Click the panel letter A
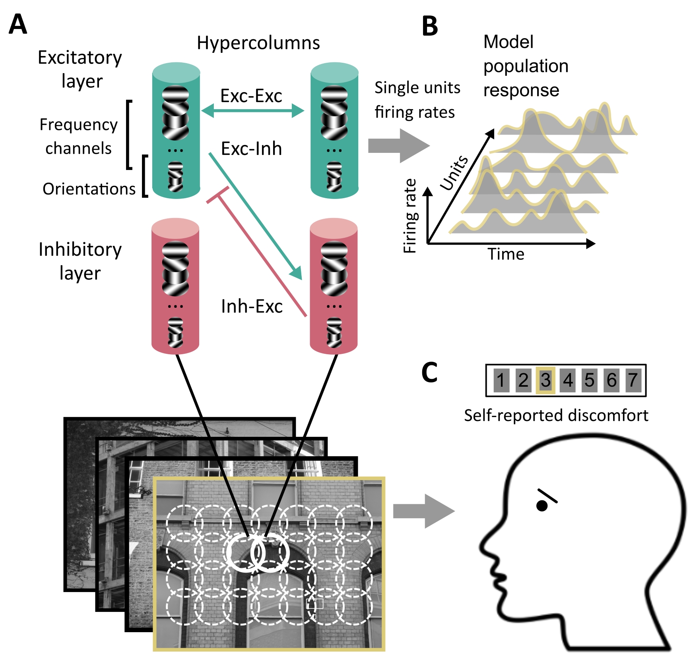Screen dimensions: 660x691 (18, 25)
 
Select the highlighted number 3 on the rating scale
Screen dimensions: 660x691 (545, 380)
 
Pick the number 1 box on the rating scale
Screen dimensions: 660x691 (501, 380)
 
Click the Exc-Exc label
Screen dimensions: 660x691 (251, 96)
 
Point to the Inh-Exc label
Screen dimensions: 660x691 (252, 306)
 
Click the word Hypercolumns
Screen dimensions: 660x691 (258, 42)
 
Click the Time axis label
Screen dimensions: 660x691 (506, 254)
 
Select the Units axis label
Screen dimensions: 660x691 (454, 172)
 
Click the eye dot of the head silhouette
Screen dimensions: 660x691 (542, 506)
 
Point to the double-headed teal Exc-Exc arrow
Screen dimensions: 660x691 (252, 110)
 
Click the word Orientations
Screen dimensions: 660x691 (89, 189)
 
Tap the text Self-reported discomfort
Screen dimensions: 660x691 (556, 415)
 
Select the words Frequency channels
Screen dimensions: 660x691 (78, 136)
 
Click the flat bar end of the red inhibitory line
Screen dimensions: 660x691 (218, 195)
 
